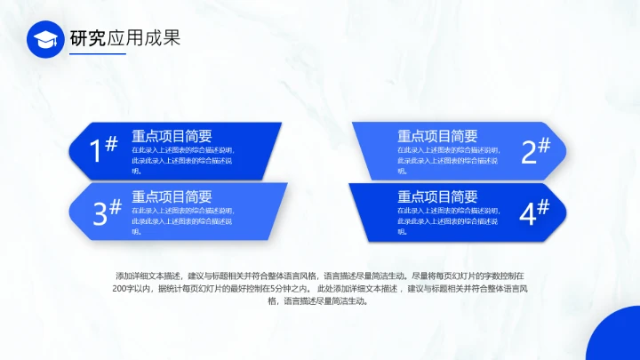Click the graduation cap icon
46,39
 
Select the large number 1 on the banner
98,152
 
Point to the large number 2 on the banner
529,152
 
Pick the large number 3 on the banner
100,213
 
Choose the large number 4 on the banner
527,213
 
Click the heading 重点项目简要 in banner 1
172,136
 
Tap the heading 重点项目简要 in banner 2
437,136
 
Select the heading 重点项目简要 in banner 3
172,196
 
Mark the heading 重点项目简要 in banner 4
437,196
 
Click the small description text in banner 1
182,160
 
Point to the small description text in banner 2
448,160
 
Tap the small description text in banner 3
182,220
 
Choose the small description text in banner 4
448,220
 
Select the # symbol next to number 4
543,206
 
